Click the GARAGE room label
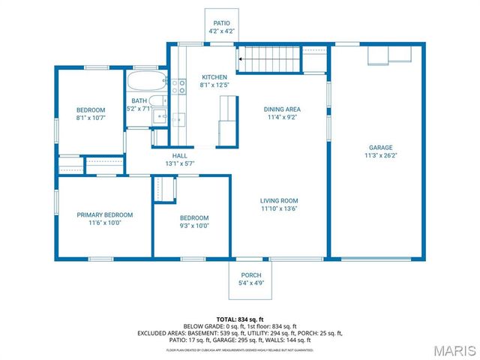coord(380,147)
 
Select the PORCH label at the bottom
coord(250,275)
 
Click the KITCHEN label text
coord(214,77)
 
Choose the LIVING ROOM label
coord(279,200)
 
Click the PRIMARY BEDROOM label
coord(104,214)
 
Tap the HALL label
coord(179,155)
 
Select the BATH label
coord(139,100)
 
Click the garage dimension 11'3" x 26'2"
coord(380,156)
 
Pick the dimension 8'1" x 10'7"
coord(91,118)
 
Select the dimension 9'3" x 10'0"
coord(193,226)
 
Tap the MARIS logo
coord(453,349)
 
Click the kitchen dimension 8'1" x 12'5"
coord(214,85)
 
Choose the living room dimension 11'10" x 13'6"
coord(279,208)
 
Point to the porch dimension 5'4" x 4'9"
coord(250,283)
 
